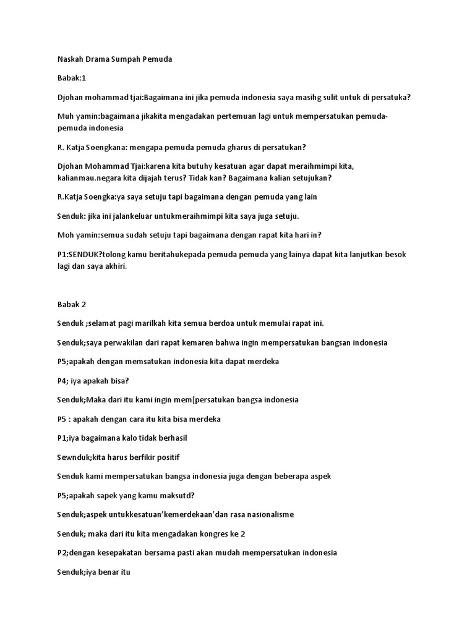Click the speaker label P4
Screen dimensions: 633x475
coord(62,381)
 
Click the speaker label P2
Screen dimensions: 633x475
coord(62,553)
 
